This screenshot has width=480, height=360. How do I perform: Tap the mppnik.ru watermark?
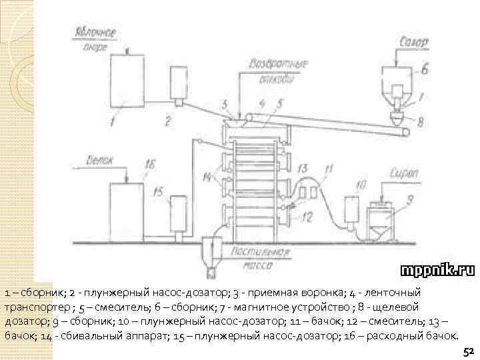tap(437, 270)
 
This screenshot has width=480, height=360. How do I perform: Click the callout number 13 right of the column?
tap(303, 168)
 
